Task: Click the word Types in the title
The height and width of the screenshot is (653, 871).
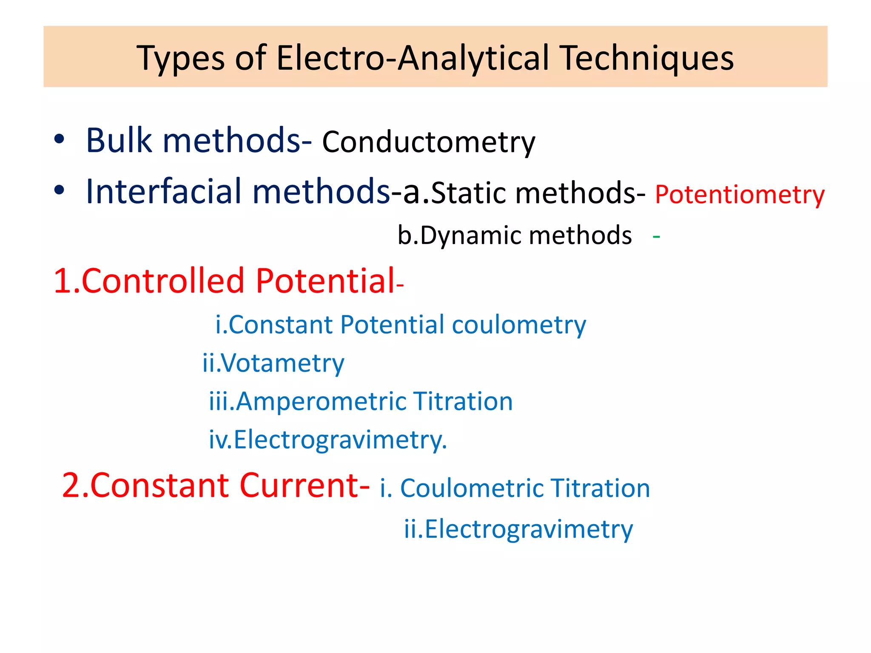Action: pos(179,58)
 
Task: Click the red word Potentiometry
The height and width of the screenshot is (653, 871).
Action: pos(740,195)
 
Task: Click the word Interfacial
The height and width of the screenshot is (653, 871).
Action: pos(163,192)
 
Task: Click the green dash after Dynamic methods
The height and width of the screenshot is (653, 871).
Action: pos(656,236)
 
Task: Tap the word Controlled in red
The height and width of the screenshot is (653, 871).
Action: pos(162,281)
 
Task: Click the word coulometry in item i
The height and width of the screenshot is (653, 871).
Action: pos(519,325)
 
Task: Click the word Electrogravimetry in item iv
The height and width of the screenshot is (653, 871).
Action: pos(340,440)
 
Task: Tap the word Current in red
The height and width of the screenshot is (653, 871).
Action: pos(304,485)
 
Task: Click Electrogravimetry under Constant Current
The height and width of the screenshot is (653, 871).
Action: pos(529,530)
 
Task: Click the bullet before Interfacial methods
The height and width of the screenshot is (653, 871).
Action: pos(59,190)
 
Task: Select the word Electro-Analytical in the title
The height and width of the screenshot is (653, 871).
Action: pos(413,58)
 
